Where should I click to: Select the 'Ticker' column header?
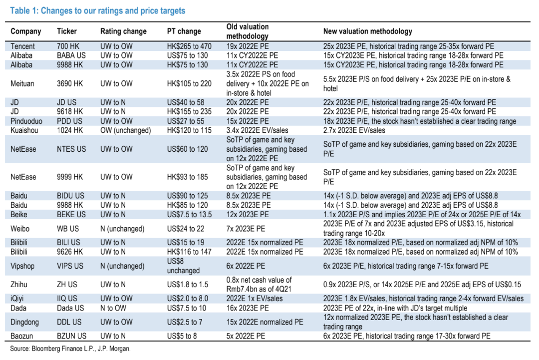pos(67,31)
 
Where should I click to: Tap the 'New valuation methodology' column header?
pos(368,31)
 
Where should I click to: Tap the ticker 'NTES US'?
pos(71,149)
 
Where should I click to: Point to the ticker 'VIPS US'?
pos(70,266)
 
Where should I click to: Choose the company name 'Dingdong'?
pos(25,322)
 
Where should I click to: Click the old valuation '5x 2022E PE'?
pos(248,336)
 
